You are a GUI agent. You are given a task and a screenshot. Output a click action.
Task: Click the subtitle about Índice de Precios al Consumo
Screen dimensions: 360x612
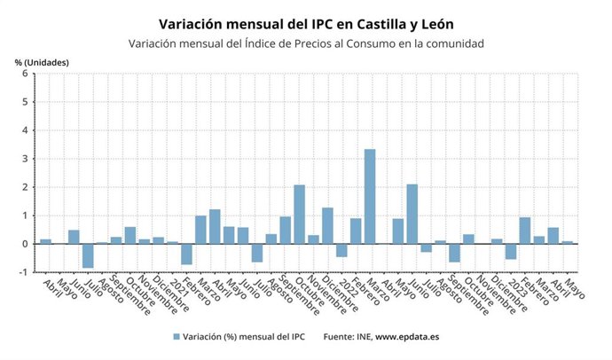pyautogui.click(x=305, y=43)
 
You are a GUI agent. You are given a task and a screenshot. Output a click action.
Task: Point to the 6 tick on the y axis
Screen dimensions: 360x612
pyautogui.click(x=26, y=74)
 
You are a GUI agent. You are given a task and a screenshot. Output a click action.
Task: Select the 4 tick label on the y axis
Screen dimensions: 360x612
pyautogui.click(x=26, y=130)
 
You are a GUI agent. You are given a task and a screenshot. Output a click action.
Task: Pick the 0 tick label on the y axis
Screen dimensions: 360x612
pyautogui.click(x=26, y=244)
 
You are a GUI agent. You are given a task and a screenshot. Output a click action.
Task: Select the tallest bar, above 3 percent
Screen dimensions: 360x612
pyautogui.click(x=370, y=196)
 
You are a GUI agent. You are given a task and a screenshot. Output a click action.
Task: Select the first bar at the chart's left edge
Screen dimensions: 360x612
pyautogui.click(x=45, y=241)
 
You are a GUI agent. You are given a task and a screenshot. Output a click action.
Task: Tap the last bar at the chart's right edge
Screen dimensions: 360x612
pyautogui.click(x=568, y=242)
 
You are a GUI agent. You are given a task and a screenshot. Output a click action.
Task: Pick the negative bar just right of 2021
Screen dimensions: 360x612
pyautogui.click(x=186, y=254)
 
